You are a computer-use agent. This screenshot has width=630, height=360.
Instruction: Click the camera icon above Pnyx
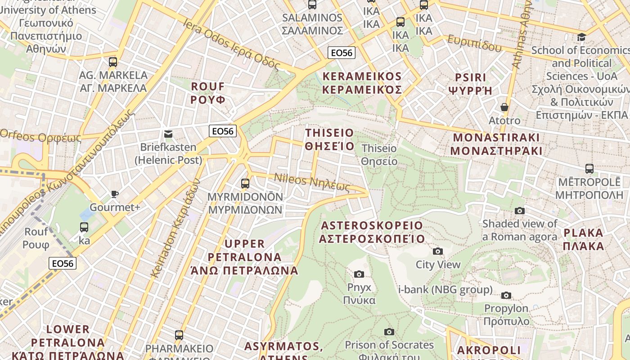click(359, 274)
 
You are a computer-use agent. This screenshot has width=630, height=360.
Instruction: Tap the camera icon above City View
click(437, 251)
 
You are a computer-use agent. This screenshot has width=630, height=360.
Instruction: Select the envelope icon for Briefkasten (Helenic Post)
click(168, 134)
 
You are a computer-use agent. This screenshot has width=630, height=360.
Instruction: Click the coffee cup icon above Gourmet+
click(115, 194)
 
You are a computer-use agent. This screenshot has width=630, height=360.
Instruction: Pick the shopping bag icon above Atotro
click(504, 107)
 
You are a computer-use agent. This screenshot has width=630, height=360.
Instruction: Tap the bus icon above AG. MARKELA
click(113, 62)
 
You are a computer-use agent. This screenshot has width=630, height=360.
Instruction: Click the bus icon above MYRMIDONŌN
click(245, 183)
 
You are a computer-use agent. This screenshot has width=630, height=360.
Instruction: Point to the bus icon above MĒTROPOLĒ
click(589, 169)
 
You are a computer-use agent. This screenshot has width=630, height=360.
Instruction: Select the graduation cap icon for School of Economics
click(581, 37)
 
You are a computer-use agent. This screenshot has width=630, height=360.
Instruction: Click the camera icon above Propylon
click(506, 295)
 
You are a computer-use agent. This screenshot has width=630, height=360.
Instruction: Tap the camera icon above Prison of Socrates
click(389, 332)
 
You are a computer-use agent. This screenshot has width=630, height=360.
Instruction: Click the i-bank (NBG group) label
click(445, 289)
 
